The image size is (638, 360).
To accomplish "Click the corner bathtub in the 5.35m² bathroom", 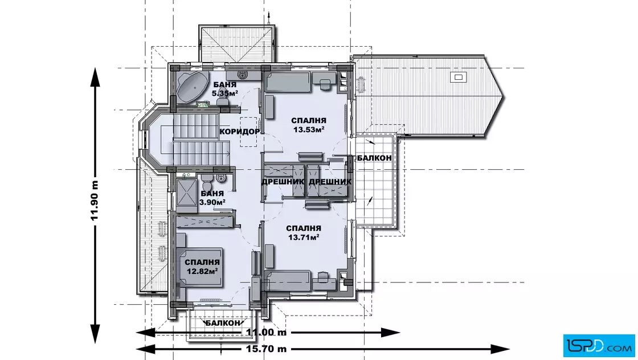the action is (x=192, y=88).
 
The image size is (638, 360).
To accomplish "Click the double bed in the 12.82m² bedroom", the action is (x=200, y=267).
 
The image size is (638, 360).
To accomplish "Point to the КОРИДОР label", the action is (x=239, y=132).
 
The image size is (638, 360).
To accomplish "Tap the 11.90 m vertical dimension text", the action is (x=95, y=200).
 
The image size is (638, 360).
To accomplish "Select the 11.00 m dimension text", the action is (x=266, y=332).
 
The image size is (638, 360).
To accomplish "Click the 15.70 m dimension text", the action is (x=266, y=349).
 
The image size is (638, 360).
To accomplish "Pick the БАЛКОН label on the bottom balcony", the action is (x=223, y=323).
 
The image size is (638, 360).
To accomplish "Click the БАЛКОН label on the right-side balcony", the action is (x=374, y=157).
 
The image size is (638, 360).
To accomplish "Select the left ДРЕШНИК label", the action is (x=283, y=181).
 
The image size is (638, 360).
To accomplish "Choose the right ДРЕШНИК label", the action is (x=330, y=181).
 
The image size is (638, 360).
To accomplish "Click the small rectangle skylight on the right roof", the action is (x=458, y=77).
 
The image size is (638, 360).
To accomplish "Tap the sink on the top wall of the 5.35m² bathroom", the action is (x=243, y=75).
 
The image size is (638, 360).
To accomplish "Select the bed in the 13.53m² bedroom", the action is (x=288, y=82).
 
